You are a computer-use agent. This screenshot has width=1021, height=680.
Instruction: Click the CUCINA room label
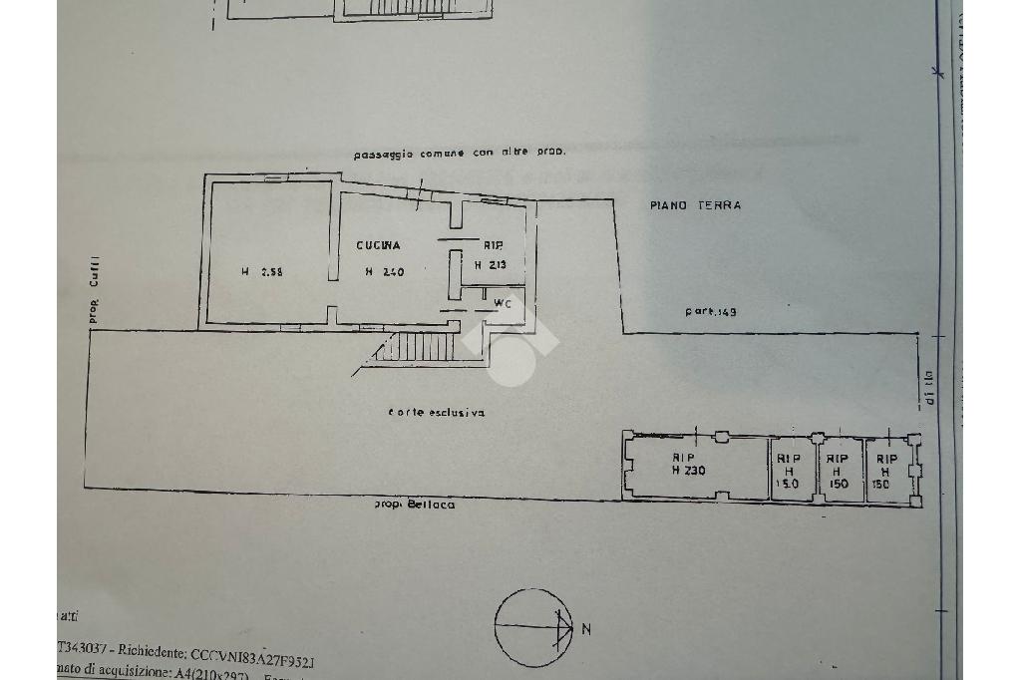380,245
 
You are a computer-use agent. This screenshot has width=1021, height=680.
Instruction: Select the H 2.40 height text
384,271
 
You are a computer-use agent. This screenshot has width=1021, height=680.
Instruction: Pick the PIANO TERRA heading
695,205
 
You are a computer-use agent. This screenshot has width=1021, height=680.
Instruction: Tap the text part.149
710,312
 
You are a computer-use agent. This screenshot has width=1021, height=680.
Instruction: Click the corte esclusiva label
437,413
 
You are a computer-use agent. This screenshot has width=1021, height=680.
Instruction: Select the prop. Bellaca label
415,506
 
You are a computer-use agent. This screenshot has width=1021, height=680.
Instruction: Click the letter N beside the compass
586,629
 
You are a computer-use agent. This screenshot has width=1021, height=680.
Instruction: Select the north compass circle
533,628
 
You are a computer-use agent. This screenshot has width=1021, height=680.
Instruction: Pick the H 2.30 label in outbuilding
688,471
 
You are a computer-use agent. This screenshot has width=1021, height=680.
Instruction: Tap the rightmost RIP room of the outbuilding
883,471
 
